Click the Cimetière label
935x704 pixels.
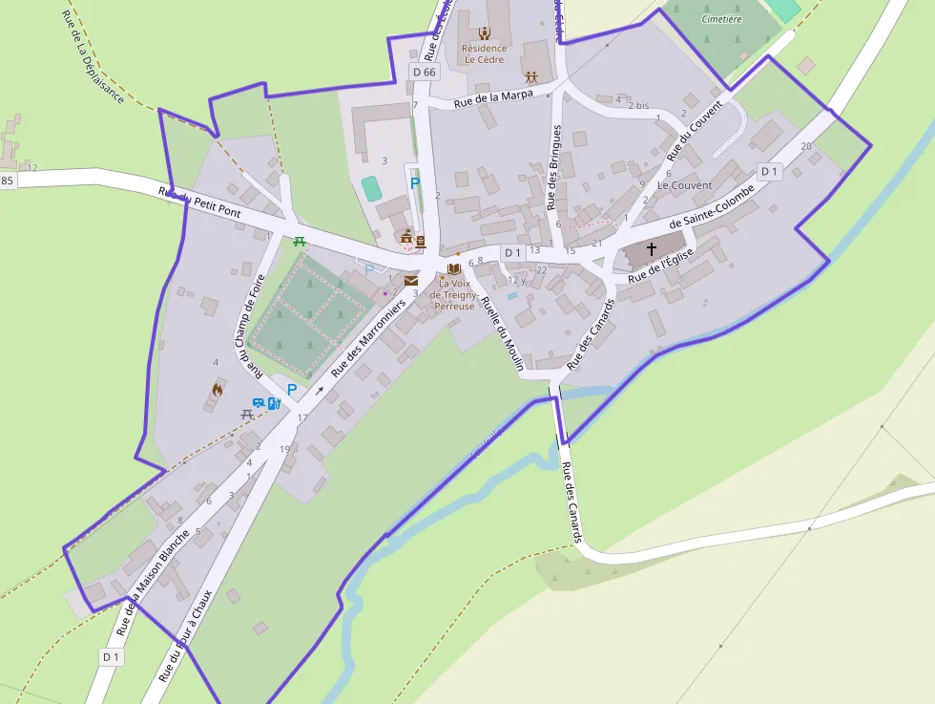(x=721, y=18)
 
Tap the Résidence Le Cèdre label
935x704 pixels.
(x=484, y=53)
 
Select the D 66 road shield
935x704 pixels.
(x=424, y=72)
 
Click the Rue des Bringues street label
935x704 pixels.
(x=554, y=167)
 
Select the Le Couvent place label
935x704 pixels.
(x=684, y=185)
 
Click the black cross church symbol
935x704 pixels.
(x=652, y=249)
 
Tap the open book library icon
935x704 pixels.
(x=454, y=268)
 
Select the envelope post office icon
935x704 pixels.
(x=410, y=281)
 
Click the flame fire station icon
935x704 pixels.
(x=218, y=390)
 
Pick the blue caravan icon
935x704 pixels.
(x=258, y=403)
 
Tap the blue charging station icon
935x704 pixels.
(x=274, y=403)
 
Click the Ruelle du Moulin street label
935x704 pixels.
(x=502, y=332)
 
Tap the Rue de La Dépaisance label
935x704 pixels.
(x=92, y=56)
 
